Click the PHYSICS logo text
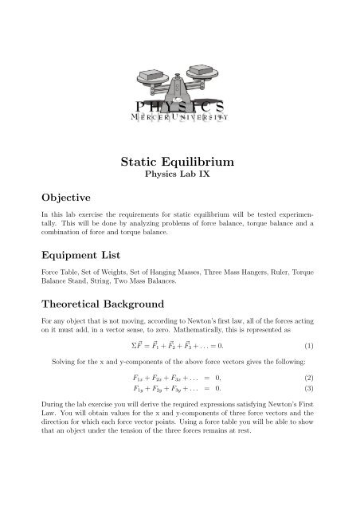(x=179, y=106)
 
